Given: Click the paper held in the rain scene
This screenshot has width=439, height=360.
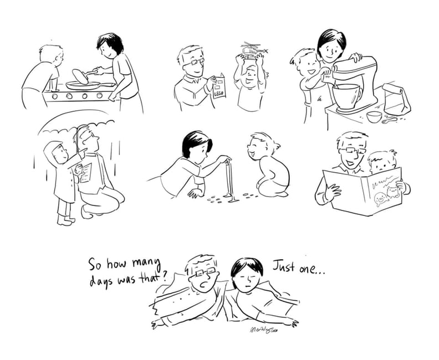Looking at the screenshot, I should pyautogui.click(x=84, y=173).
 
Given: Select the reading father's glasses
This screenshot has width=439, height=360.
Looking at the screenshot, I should pyautogui.click(x=349, y=150).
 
